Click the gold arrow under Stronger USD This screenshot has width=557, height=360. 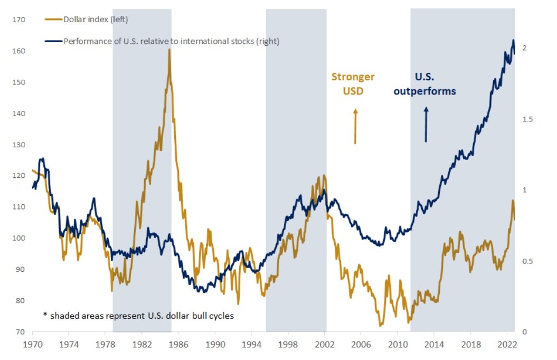click(x=355, y=126)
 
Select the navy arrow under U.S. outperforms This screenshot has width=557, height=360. click(x=426, y=125)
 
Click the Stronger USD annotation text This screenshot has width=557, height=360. click(x=353, y=84)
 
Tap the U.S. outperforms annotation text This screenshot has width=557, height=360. click(x=424, y=84)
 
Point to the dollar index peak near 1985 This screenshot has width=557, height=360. click(x=169, y=50)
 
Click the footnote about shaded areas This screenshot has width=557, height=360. click(x=138, y=316)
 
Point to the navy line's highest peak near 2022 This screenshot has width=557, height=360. click(x=513, y=40)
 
